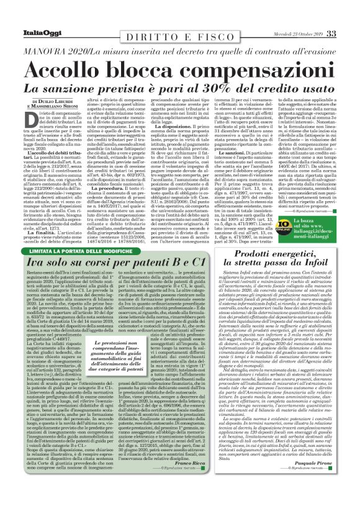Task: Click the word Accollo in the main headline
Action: click(x=80, y=71)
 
